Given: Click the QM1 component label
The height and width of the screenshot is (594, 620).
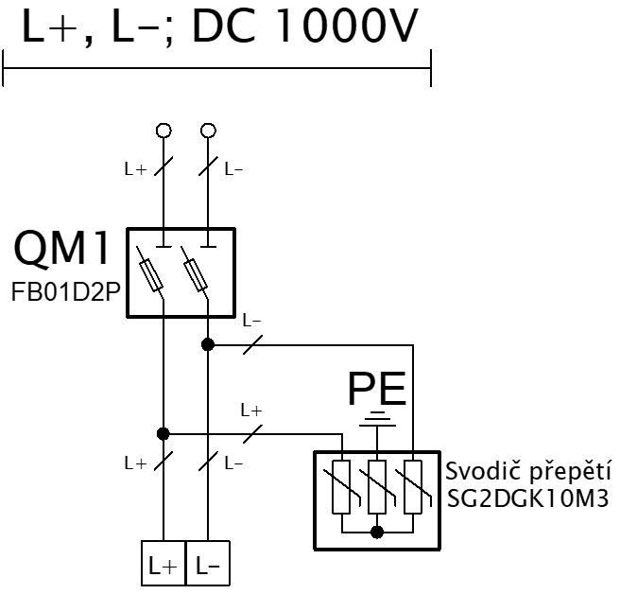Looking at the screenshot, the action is click(x=61, y=248).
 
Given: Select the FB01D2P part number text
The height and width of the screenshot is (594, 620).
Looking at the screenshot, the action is click(x=65, y=292).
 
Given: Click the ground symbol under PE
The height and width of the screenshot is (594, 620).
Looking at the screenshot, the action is click(x=377, y=419).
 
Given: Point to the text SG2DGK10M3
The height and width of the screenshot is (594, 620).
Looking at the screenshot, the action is click(x=528, y=498).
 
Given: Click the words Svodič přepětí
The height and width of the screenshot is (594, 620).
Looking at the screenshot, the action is click(x=528, y=472).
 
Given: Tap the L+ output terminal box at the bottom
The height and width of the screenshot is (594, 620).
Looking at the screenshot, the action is click(x=164, y=563).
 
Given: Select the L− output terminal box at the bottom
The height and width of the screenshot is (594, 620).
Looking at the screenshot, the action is click(x=208, y=563).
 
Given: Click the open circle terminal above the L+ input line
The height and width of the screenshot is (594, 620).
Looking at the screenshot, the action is click(x=164, y=131).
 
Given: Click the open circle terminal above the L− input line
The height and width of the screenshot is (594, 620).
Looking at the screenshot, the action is click(x=208, y=131).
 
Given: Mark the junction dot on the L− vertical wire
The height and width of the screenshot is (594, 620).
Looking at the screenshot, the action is click(x=208, y=344).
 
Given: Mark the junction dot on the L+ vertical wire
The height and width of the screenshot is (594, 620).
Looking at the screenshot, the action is click(x=164, y=434).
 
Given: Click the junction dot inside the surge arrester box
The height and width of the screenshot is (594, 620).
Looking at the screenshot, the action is click(x=377, y=533).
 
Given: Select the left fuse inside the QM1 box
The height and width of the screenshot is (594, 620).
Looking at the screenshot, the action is click(x=151, y=274).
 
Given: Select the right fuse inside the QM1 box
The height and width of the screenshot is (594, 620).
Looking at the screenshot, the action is click(x=196, y=274).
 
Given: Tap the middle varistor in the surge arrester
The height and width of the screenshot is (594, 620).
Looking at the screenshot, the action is click(x=377, y=487).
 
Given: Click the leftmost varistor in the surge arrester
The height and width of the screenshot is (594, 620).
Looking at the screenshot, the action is click(x=341, y=487).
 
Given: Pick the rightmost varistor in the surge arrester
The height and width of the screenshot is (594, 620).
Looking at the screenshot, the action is click(x=413, y=487).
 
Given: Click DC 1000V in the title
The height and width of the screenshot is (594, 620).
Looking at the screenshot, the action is click(x=304, y=26).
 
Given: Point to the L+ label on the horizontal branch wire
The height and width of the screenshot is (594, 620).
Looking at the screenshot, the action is click(x=251, y=411).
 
